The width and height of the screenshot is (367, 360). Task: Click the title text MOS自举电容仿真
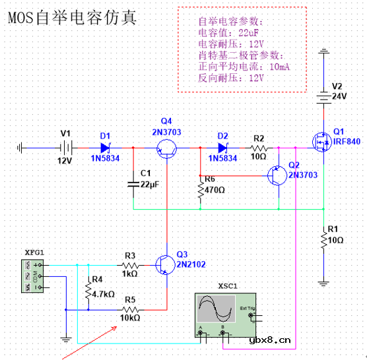72,18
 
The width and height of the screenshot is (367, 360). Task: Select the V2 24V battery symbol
323,96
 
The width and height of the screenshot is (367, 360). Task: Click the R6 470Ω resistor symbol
201,189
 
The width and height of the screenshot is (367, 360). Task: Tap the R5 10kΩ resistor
130,309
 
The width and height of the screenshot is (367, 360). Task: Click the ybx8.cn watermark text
270,341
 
